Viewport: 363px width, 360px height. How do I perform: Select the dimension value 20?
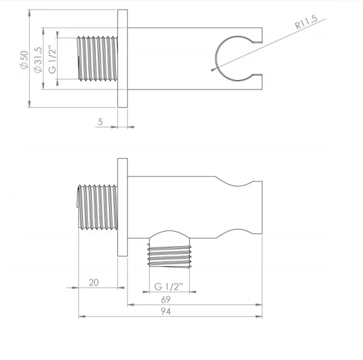pyautogui.click(x=93, y=282)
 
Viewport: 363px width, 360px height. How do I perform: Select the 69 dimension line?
pyautogui.click(x=195, y=305)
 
